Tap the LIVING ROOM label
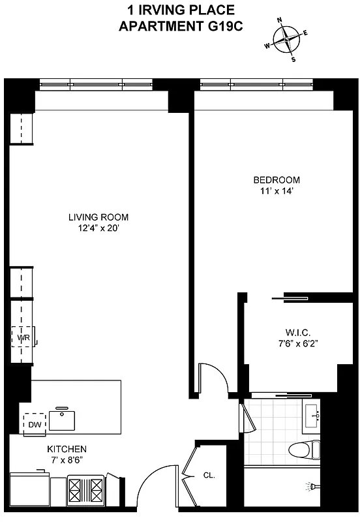(98, 217)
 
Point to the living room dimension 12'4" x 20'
(98, 228)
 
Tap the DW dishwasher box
(35, 424)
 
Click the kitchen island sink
(63, 419)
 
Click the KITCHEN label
(67, 450)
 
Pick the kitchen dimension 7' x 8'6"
(67, 460)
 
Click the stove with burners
(86, 488)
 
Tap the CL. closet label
(209, 475)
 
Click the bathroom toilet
(306, 450)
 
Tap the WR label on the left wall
(23, 337)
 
